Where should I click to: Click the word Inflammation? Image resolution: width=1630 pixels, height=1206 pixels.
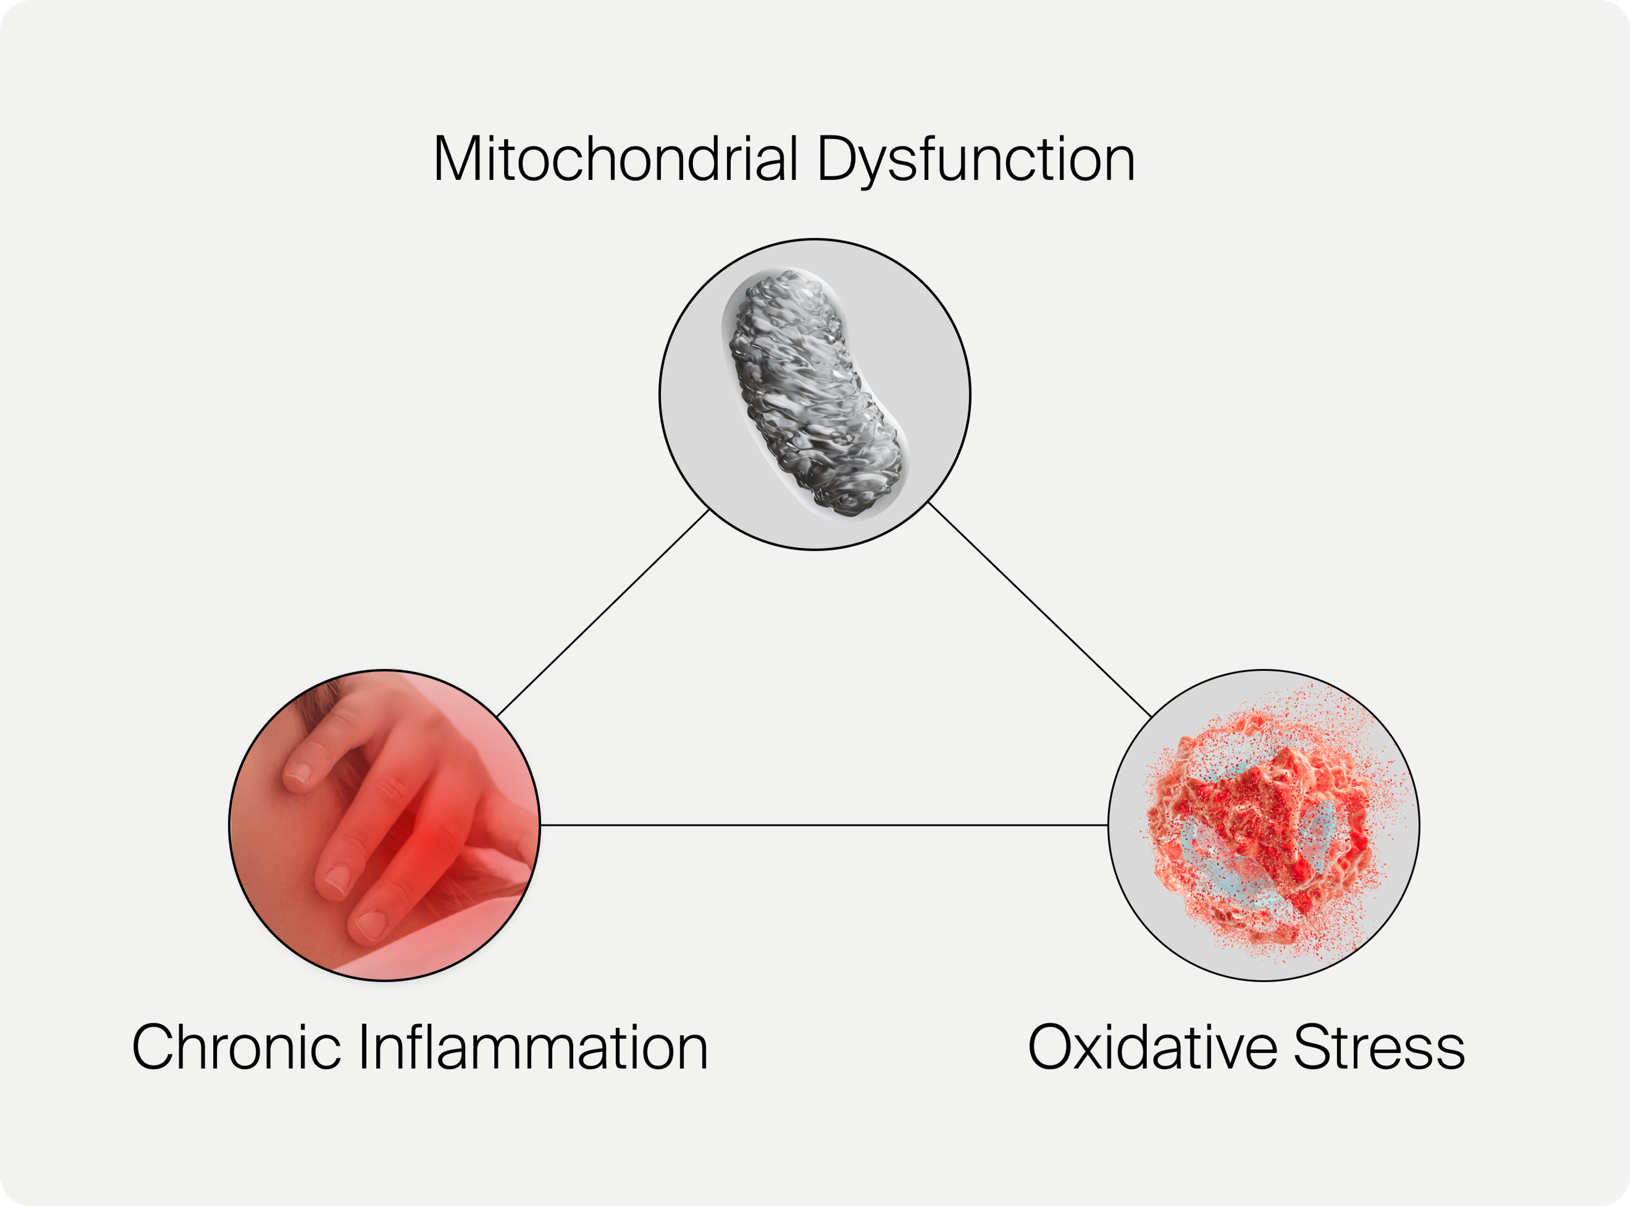[534, 1047]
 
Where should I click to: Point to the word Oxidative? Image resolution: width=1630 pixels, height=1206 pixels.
[1152, 1047]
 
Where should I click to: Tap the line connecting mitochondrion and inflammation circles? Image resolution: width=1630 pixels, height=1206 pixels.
[603, 613]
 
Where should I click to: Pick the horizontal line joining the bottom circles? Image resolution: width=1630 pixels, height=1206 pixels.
[824, 825]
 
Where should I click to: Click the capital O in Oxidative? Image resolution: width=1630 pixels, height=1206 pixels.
[1051, 1047]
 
